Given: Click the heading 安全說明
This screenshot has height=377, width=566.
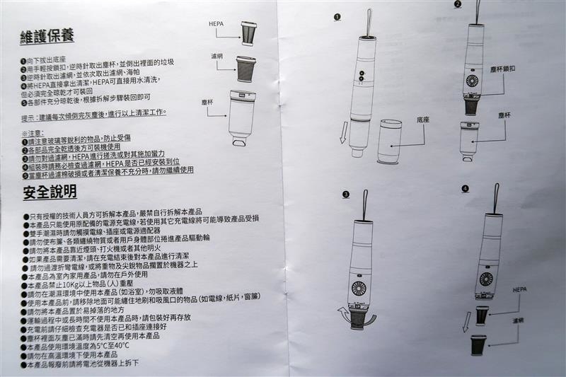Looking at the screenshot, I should point(50,192).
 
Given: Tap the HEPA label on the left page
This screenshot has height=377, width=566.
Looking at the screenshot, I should point(216,23).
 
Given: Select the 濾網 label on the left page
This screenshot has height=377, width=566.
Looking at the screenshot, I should point(216,54).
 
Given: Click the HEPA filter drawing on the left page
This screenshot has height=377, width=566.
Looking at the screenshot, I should point(249,33).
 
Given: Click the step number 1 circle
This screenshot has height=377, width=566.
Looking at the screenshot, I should point(337,16).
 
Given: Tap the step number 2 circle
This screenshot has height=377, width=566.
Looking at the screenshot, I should point(458,4).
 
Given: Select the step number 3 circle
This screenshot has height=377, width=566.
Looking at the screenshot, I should point(346,194).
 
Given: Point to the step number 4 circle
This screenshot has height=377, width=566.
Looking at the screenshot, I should point(465,189).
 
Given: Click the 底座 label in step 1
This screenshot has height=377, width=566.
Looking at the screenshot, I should point(424,121).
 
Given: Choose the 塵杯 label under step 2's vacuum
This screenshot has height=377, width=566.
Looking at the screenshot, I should point(504,115).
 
